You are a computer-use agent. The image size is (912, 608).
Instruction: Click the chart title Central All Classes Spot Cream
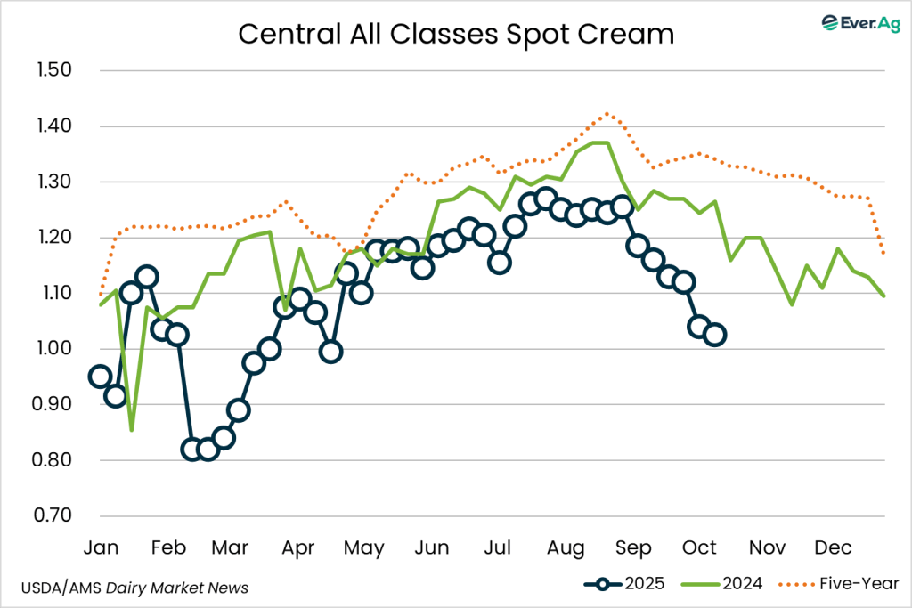click(456, 34)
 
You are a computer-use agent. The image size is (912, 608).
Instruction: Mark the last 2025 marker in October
click(714, 335)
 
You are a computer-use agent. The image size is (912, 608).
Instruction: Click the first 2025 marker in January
click(100, 377)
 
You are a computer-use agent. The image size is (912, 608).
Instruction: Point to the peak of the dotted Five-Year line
click(607, 113)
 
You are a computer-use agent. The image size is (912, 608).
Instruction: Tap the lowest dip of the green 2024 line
click(132, 430)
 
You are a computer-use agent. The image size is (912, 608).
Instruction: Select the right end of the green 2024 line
click(884, 296)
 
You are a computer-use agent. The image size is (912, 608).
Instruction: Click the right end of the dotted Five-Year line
click(884, 254)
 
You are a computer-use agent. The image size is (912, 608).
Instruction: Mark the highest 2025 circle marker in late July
click(546, 198)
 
